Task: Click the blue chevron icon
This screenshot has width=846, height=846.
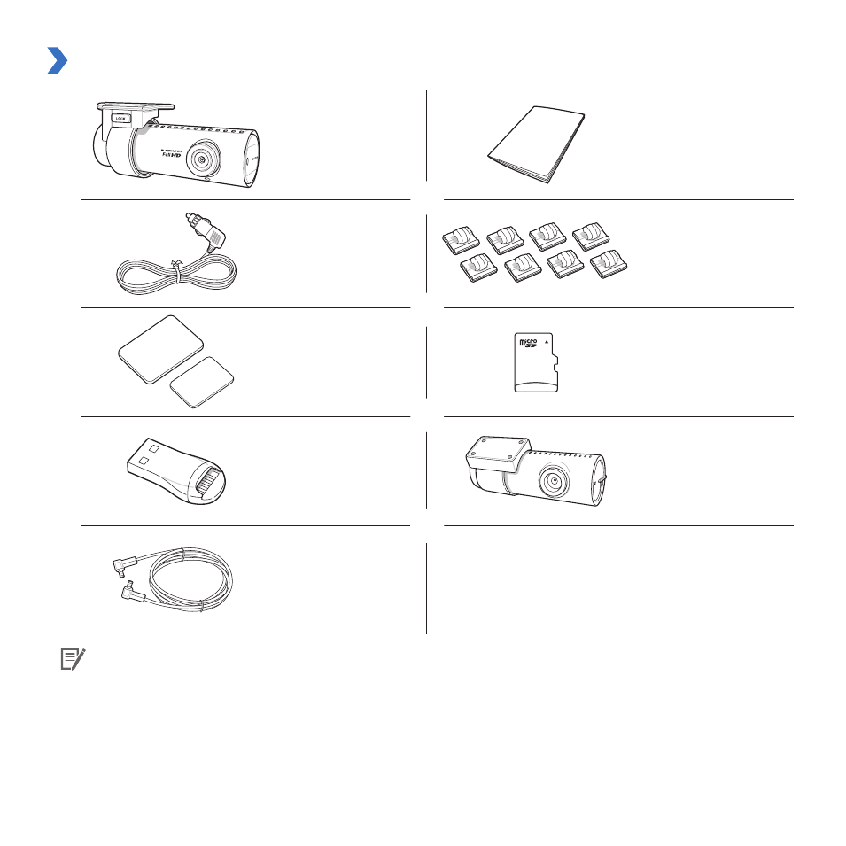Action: pyautogui.click(x=58, y=61)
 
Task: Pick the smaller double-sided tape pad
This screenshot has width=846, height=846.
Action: pyautogui.click(x=203, y=381)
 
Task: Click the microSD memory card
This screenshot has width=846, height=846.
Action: pyautogui.click(x=535, y=363)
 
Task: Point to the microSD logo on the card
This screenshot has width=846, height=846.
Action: pyautogui.click(x=527, y=343)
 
